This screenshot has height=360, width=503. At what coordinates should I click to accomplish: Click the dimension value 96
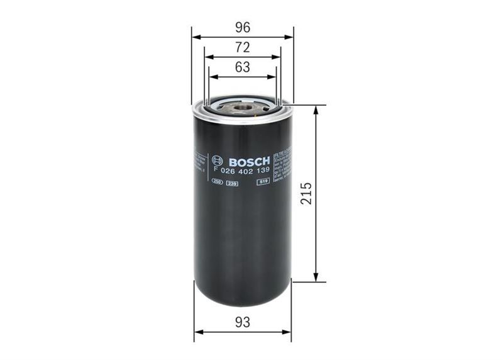click(243, 27)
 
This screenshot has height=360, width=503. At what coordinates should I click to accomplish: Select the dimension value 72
click(243, 47)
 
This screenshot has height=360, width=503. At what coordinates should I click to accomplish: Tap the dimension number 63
click(243, 67)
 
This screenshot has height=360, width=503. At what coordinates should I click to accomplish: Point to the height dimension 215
click(306, 193)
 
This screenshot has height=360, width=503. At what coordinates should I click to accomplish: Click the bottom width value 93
click(243, 322)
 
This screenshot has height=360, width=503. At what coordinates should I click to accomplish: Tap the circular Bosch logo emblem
click(218, 160)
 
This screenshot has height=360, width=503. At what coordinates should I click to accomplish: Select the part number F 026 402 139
click(242, 171)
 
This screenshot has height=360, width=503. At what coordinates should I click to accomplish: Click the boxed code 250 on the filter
click(218, 182)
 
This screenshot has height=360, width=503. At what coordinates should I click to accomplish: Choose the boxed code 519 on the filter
click(263, 182)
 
